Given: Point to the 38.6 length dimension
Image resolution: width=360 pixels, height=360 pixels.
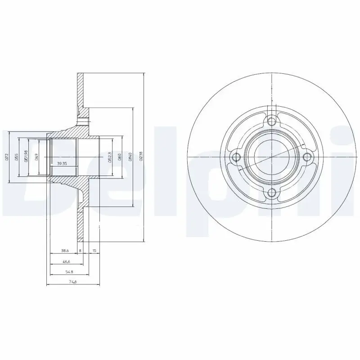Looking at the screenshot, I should [65, 250].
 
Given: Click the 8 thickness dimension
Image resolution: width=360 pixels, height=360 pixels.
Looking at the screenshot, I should [80, 250].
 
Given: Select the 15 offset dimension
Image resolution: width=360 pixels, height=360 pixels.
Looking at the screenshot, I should [94, 250].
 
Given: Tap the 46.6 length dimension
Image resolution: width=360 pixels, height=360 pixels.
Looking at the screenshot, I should [67, 261].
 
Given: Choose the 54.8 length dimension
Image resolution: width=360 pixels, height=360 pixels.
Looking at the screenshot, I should [68, 271].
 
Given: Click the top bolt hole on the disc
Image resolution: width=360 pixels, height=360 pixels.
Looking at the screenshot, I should [271, 121].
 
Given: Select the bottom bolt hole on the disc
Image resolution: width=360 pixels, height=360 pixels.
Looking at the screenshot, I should [271, 193].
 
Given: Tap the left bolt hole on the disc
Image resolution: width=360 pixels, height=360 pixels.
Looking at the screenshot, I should [235, 157].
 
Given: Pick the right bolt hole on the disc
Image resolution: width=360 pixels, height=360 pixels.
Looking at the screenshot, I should [307, 157].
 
